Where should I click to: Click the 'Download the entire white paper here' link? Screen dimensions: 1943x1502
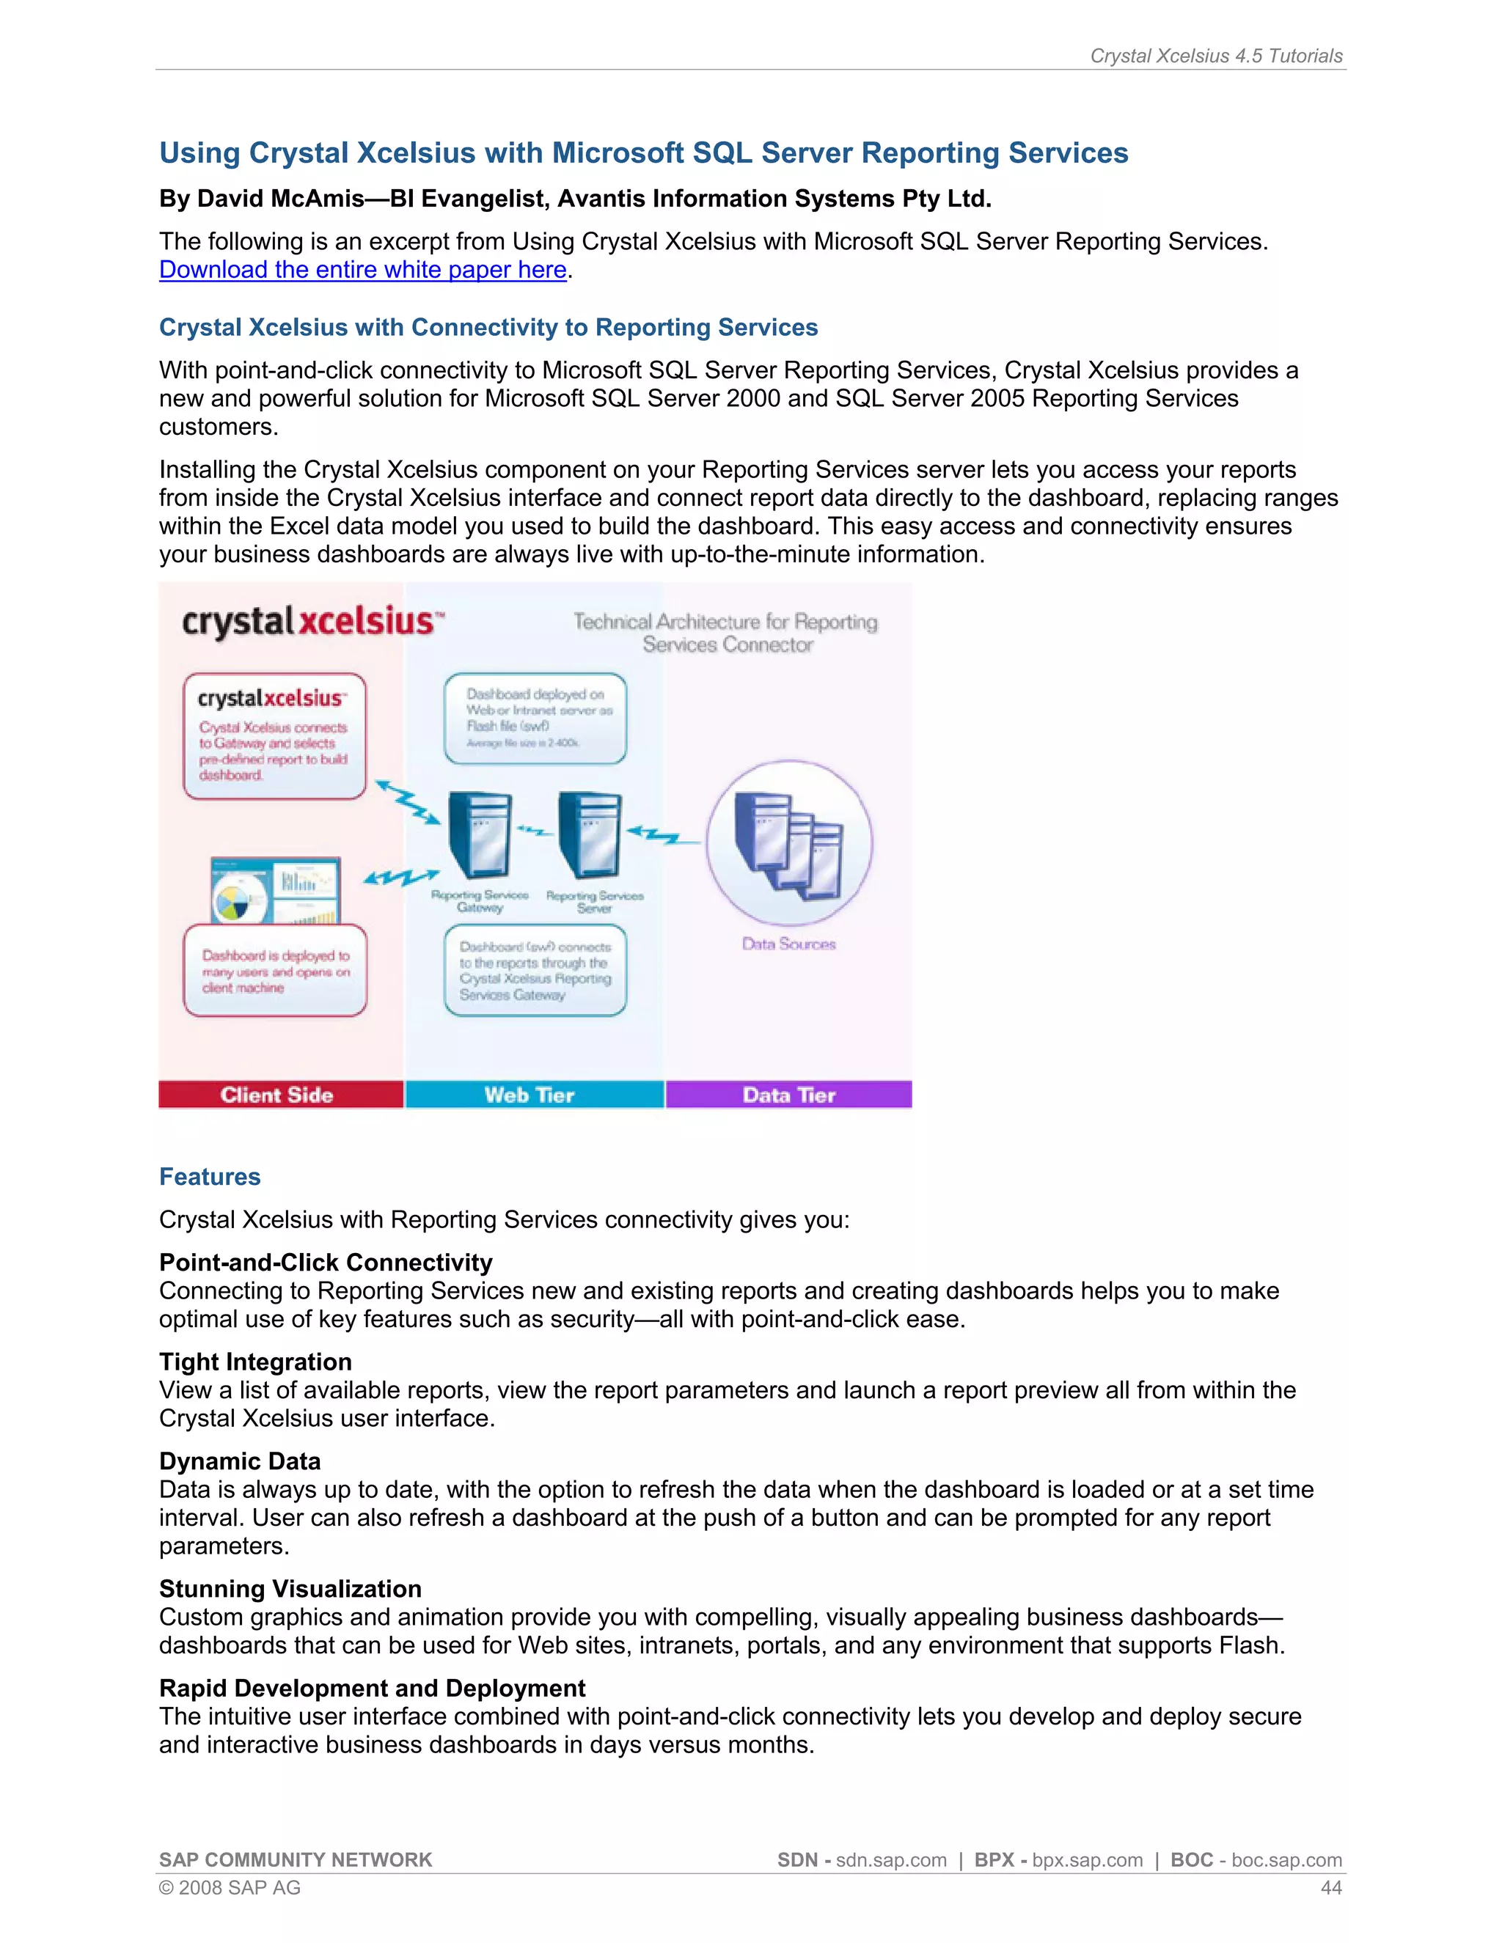coord(362,270)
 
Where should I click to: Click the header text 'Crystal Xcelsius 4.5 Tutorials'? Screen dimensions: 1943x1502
coord(1215,56)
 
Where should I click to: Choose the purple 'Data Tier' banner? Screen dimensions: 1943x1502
coord(788,1094)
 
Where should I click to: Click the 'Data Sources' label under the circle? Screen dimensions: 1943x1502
coord(788,944)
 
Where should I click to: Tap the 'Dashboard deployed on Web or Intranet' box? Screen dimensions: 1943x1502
coord(535,718)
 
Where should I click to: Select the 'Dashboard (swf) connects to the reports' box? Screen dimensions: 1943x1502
coord(535,971)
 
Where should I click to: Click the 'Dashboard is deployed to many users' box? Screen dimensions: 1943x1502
coord(275,971)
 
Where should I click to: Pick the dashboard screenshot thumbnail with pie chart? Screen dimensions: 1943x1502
coord(275,889)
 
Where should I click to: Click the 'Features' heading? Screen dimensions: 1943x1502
coord(210,1176)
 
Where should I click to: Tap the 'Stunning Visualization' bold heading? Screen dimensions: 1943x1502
coord(290,1588)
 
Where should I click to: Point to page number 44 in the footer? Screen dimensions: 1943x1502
coord(1330,1887)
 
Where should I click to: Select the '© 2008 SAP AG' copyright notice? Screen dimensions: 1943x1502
coord(230,1887)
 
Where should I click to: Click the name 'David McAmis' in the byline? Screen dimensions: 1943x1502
coord(280,199)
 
